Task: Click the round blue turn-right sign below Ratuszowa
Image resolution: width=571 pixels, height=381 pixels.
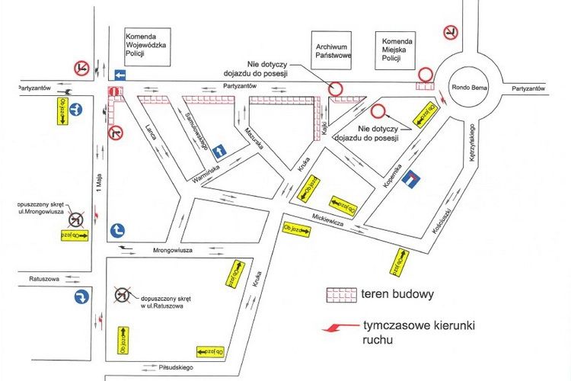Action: (x=82, y=297)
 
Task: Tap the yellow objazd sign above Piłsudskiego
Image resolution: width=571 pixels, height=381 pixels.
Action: (x=210, y=351)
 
